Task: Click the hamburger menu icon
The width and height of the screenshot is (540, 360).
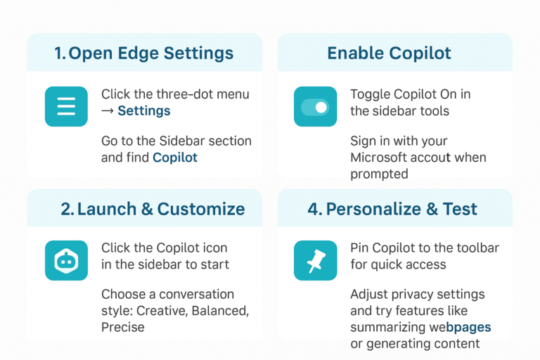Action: pos(66,106)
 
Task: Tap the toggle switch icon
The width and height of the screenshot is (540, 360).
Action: pos(315,107)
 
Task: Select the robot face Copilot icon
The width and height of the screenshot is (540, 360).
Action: pos(66,261)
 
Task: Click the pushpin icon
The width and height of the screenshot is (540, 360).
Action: pos(315,261)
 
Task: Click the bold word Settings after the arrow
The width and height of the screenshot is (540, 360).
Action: pos(143,110)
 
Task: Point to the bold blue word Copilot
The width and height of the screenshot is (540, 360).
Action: pos(175,157)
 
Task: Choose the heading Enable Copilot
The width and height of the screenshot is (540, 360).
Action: pos(389,53)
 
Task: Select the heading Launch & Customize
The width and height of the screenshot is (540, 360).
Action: pos(153,209)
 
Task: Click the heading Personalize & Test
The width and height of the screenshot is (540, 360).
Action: pos(401,209)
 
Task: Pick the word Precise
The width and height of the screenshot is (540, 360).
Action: pos(123,327)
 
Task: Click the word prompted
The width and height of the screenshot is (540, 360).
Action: pos(380,174)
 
